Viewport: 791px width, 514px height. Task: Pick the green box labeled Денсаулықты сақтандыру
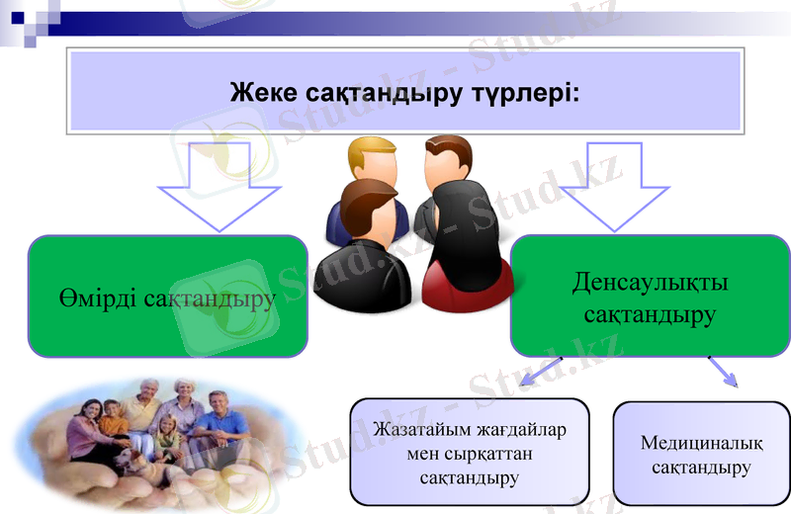tap(650, 298)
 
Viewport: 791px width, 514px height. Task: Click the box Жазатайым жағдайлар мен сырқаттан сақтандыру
tap(470, 452)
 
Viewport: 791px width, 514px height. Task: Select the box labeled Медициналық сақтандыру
tap(701, 453)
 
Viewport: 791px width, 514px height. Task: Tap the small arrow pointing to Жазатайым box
tap(543, 373)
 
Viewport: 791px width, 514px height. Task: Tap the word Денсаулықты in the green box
tap(650, 283)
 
